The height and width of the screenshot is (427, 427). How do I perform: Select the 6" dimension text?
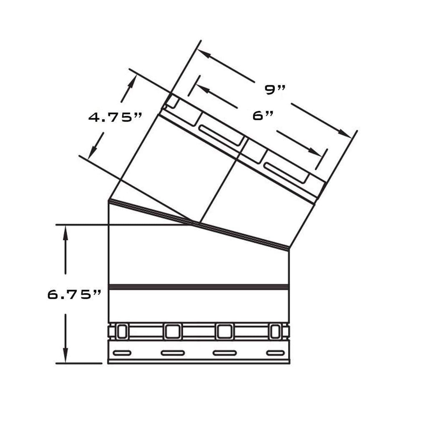click(x=263, y=116)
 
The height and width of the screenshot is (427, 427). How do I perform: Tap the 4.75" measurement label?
click(x=115, y=117)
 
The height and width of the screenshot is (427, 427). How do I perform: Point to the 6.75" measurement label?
click(x=74, y=295)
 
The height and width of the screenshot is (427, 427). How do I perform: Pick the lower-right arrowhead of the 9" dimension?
click(x=345, y=134)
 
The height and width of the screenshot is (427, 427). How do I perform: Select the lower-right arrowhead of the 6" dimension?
click(x=315, y=152)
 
